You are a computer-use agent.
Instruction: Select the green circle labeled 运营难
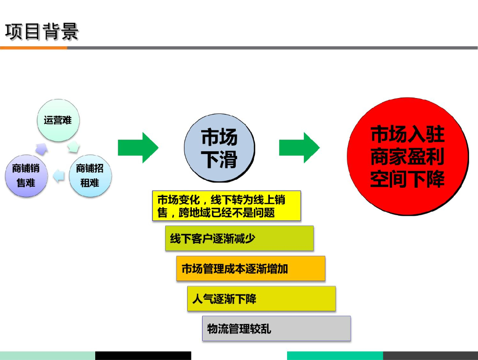tap(58, 120)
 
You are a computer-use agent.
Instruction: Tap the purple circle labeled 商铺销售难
tap(26, 176)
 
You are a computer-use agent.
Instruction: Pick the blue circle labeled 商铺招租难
tap(90, 176)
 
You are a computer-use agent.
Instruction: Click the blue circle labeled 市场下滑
tap(219, 148)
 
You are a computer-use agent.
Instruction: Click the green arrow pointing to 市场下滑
tap(138, 148)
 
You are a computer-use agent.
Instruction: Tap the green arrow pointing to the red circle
tap(299, 148)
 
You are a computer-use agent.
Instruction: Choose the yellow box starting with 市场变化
tap(226, 206)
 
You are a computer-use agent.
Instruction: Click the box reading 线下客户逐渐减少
tap(239, 239)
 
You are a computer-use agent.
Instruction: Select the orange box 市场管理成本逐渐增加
tap(251, 268)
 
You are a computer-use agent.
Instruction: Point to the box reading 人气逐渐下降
tap(261, 299)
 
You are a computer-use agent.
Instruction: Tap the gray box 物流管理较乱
tap(276, 329)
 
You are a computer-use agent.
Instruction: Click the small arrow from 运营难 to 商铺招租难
tap(74, 147)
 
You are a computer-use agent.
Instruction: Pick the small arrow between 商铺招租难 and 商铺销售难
tap(58, 176)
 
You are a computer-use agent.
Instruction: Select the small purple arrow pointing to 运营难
tap(42, 148)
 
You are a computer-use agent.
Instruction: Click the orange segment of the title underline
tap(33, 48)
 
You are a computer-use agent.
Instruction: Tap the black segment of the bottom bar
tap(143, 355)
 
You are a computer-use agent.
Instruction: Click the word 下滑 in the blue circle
tap(219, 160)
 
